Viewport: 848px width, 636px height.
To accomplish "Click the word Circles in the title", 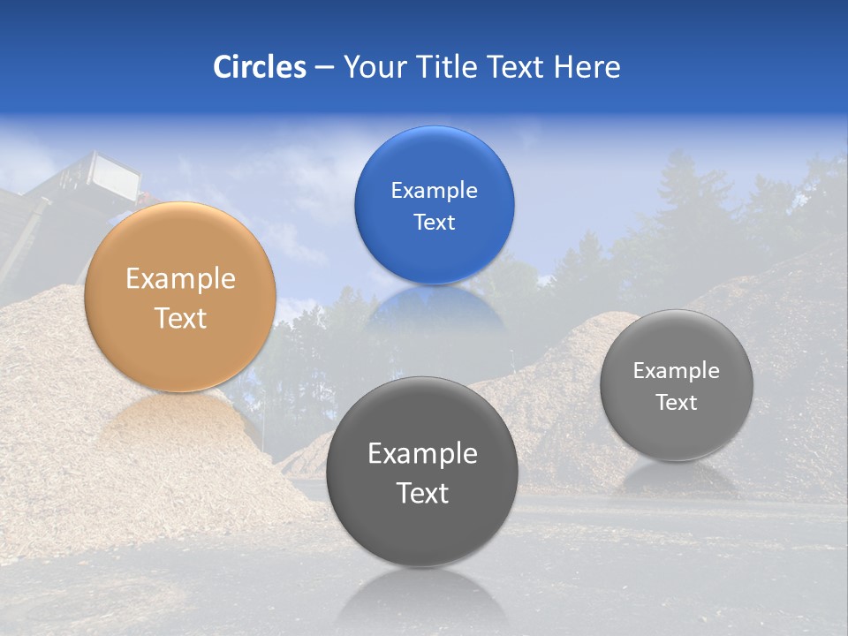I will pos(260,67).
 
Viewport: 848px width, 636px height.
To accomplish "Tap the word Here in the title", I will pos(587,67).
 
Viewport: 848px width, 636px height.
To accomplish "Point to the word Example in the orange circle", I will pos(180,279).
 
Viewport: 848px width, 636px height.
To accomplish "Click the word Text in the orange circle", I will pos(180,318).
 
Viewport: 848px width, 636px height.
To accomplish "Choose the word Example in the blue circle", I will pos(434,191).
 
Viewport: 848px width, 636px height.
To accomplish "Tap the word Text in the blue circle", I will pos(434,222).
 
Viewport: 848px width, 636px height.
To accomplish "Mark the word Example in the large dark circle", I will pos(422,454).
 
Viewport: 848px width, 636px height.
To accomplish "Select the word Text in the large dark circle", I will pos(422,493).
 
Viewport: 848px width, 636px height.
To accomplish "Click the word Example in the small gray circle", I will pos(677,371).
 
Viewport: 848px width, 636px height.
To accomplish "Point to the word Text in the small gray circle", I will pos(677,403).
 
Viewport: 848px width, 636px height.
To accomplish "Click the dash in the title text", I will pos(324,68).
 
